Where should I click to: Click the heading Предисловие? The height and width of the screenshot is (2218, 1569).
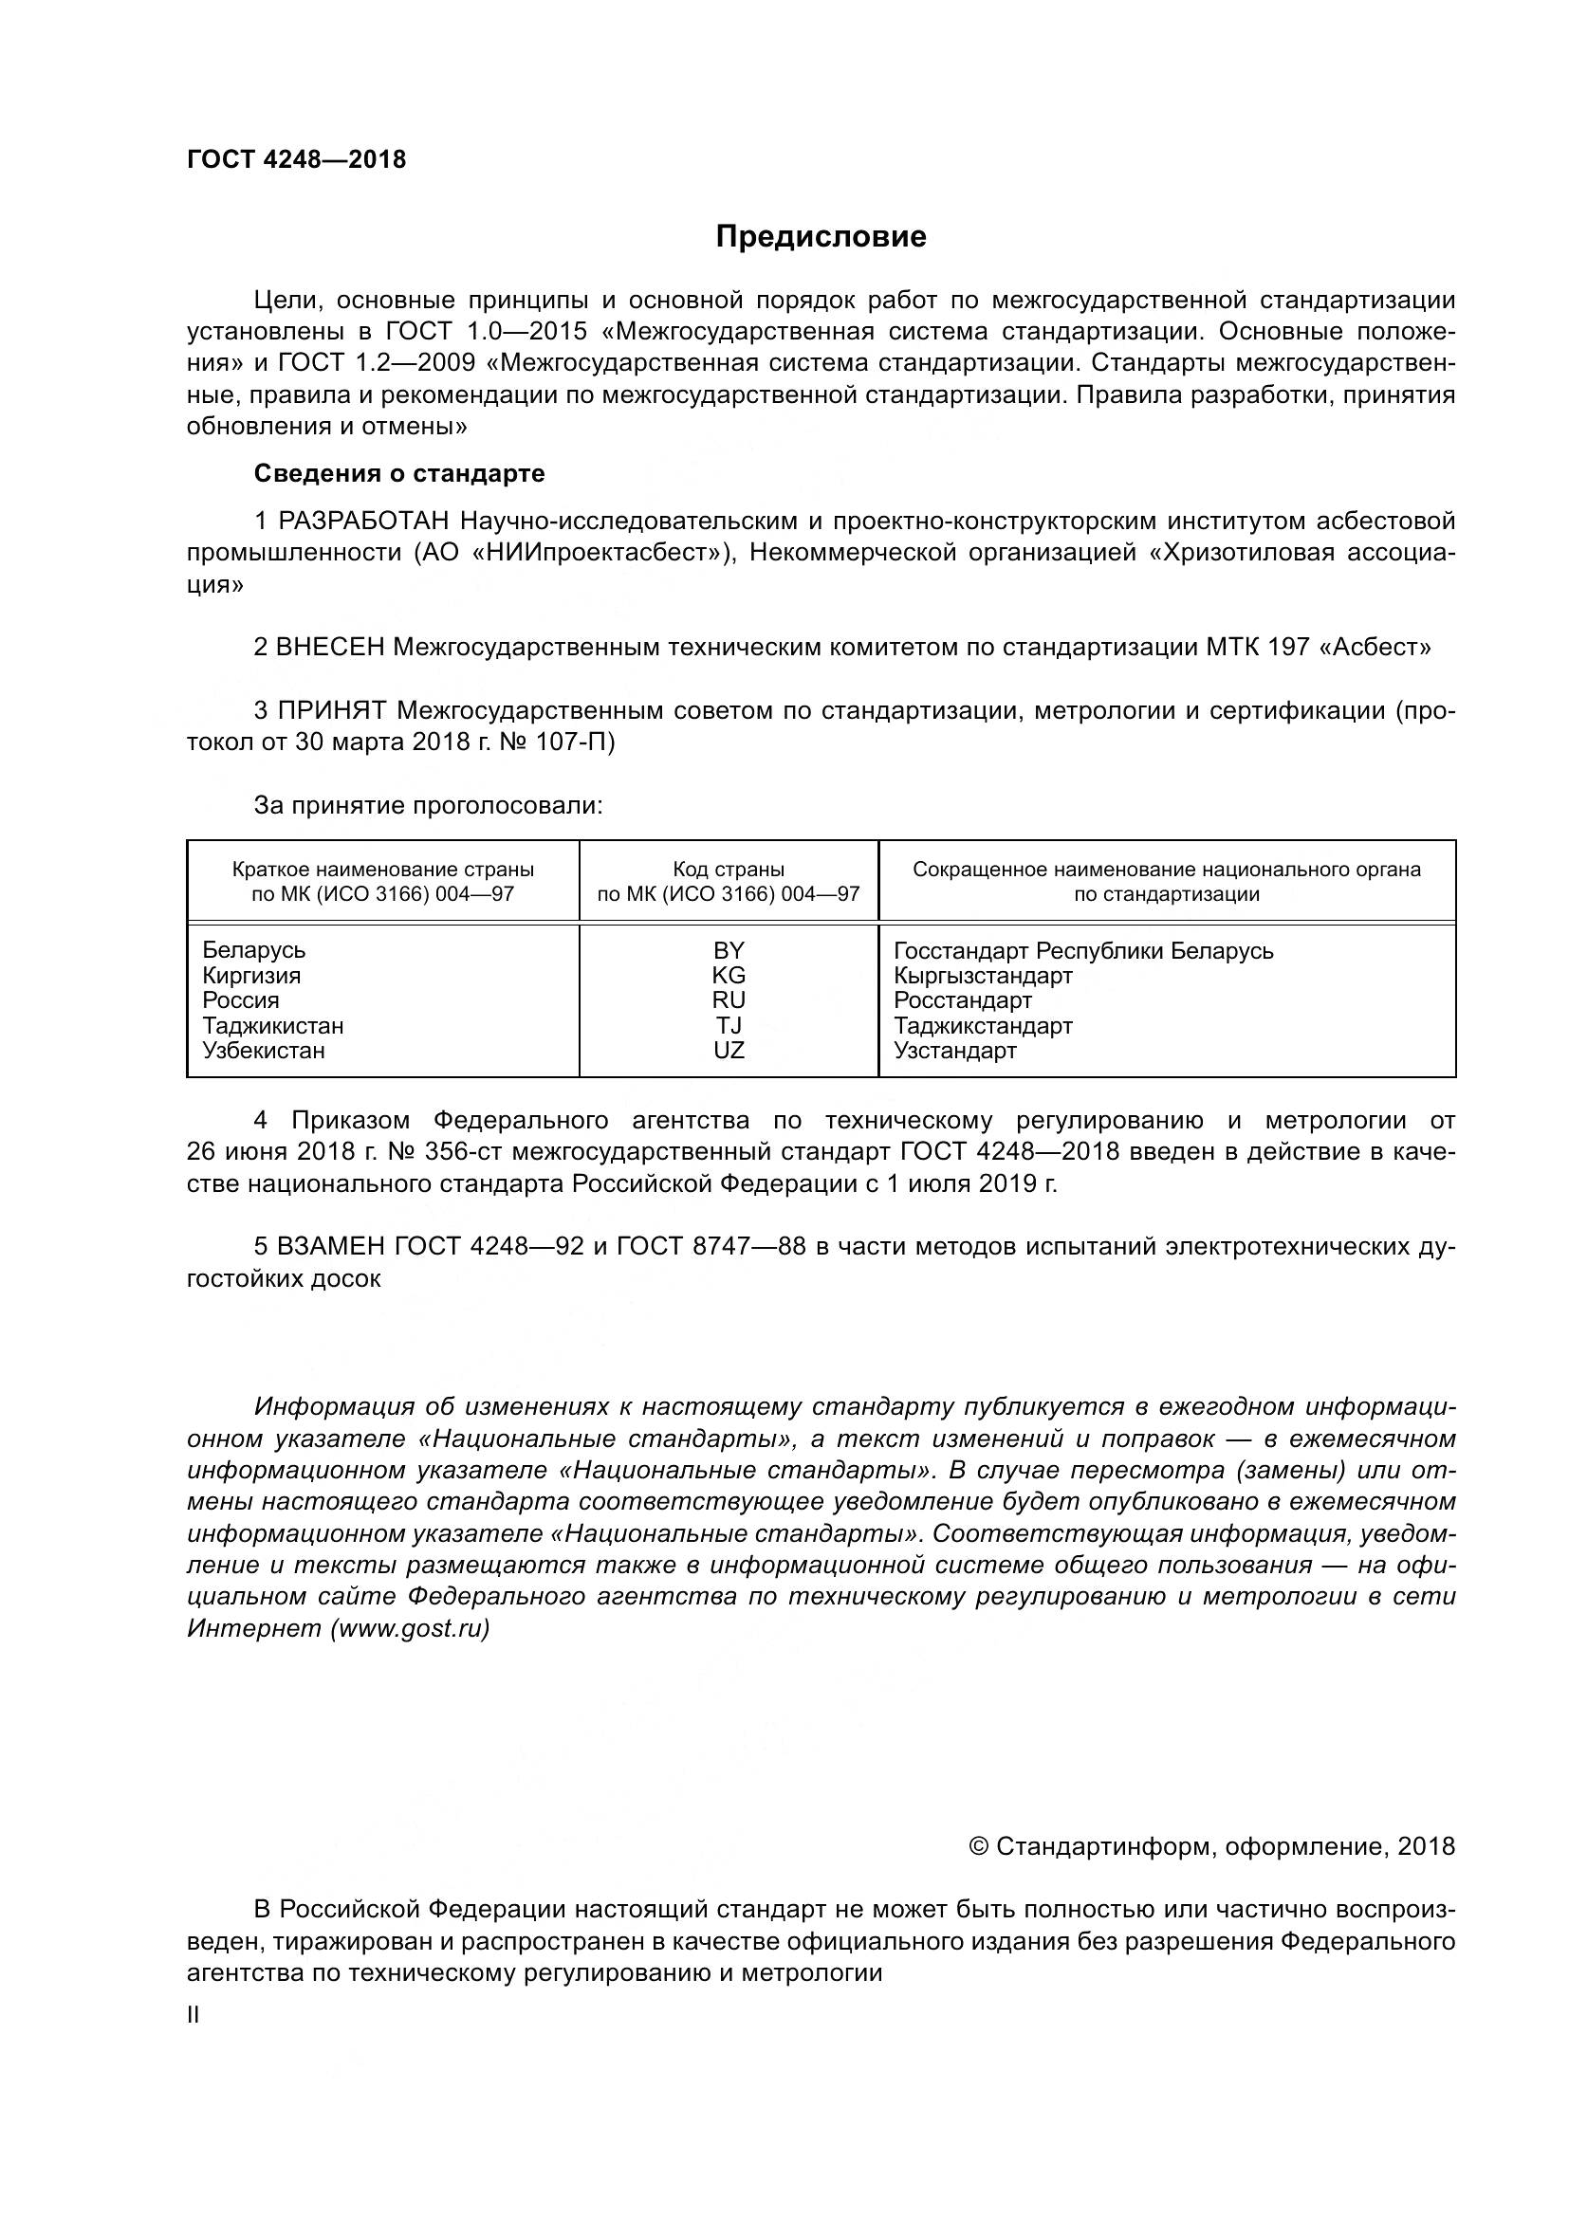[x=821, y=237]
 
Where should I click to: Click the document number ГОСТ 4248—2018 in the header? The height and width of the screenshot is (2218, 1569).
[x=297, y=159]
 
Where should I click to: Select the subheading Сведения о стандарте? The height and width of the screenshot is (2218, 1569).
[x=399, y=473]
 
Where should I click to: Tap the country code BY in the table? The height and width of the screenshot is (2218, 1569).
[x=729, y=950]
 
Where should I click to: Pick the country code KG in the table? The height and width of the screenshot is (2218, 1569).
[x=729, y=976]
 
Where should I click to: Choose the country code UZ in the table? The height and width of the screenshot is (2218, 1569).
[x=729, y=1051]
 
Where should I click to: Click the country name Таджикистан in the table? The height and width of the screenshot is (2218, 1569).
[x=272, y=1026]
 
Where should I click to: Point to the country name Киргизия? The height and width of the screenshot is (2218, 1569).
[x=251, y=976]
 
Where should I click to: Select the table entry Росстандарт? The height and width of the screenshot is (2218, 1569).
[x=962, y=1000]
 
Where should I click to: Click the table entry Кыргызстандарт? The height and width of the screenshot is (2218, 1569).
[x=983, y=976]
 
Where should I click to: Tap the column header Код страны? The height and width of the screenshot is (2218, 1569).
[x=729, y=870]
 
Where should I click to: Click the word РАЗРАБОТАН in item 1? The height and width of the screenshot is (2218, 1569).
[x=364, y=522]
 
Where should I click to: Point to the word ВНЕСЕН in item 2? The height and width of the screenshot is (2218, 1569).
[x=330, y=648]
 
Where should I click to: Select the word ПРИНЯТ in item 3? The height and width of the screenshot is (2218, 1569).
[x=332, y=711]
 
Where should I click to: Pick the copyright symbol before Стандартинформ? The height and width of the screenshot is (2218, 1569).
[x=979, y=1847]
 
